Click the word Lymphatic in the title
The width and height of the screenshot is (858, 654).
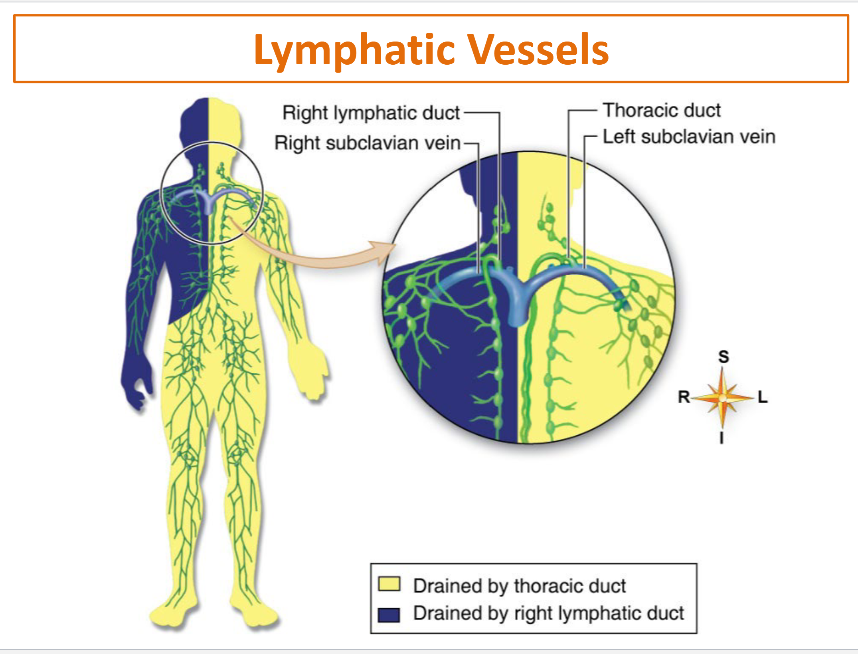pos(354,50)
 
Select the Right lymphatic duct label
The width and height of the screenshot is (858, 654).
pos(371,113)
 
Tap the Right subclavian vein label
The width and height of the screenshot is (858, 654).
pos(368,143)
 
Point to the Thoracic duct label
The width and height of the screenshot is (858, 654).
pos(662,110)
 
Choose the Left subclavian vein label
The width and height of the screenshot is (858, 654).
pos(689,137)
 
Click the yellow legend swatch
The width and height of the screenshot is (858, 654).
pos(389,584)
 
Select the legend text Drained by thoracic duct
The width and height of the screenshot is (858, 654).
pos(520,586)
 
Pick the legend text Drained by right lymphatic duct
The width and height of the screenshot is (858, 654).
pos(549,613)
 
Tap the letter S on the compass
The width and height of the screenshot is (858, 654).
pos(724,357)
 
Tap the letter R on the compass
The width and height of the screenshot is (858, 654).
pos(684,397)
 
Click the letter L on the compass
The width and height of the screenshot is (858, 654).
pos(763,397)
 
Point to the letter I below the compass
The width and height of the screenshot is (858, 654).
pos(722,438)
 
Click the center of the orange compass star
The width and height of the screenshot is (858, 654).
pos(722,398)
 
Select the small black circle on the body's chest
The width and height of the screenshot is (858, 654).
pos(212,143)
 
